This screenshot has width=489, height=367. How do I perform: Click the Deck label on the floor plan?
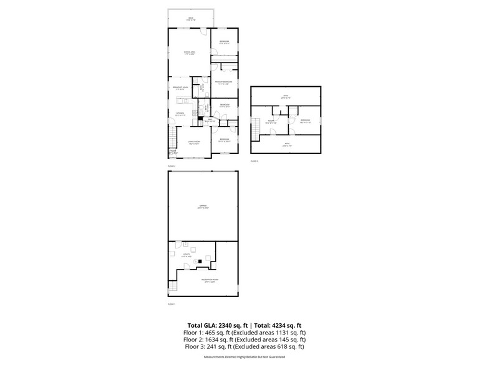[191, 19]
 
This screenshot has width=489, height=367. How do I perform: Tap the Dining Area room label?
[189, 53]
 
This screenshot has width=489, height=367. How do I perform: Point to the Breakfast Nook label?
[181, 88]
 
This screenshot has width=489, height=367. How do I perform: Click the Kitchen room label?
[179, 114]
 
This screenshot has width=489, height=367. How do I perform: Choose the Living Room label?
[194, 143]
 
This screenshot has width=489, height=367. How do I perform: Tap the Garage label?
[203, 206]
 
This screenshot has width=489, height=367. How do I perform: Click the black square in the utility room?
[200, 260]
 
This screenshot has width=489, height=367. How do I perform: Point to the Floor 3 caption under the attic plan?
[254, 161]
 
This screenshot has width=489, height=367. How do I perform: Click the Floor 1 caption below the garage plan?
[172, 304]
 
